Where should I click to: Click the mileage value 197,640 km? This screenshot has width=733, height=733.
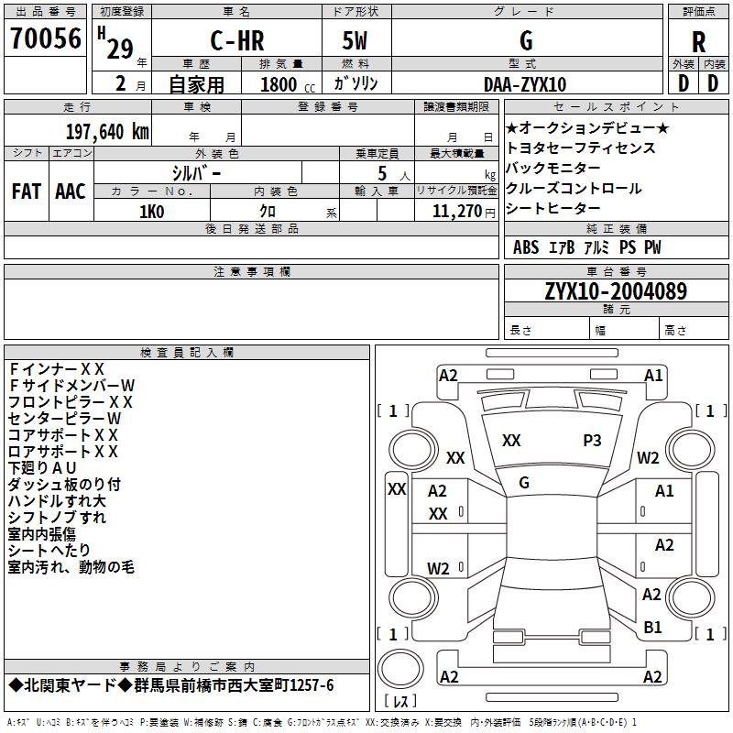click(x=107, y=132)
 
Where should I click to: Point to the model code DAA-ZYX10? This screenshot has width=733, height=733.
click(x=525, y=84)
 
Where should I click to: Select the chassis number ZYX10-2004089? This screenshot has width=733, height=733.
click(x=616, y=291)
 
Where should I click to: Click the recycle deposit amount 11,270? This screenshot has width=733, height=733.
click(x=456, y=212)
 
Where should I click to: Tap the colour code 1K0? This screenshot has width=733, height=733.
click(x=151, y=212)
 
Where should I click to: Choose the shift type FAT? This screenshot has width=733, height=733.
click(x=27, y=191)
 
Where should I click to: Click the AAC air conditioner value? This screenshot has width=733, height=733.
click(x=71, y=191)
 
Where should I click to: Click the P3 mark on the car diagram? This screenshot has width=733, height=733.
click(x=593, y=441)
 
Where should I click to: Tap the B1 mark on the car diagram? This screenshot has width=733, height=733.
click(x=652, y=628)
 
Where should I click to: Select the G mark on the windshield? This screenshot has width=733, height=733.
click(x=524, y=483)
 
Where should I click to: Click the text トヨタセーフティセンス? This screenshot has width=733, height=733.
click(x=580, y=148)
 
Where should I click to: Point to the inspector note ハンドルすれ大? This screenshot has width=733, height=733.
click(x=57, y=501)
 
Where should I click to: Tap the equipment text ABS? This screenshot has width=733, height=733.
click(x=526, y=247)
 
